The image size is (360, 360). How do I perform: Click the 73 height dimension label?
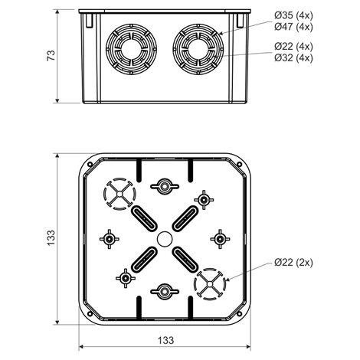click(x=51, y=55)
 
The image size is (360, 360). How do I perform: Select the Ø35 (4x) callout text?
click(x=293, y=15)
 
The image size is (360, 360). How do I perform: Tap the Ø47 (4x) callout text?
click(x=293, y=27)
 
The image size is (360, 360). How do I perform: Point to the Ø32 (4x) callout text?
click(x=293, y=58)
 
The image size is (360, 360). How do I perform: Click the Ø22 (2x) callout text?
click(x=293, y=263)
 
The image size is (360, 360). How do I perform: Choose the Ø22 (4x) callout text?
click(x=293, y=47)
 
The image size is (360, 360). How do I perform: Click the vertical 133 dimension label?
click(x=51, y=237)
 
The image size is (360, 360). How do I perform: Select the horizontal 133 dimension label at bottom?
click(x=165, y=340)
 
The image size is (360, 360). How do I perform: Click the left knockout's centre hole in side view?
click(x=131, y=49)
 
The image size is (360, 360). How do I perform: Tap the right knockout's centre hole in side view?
click(x=198, y=49)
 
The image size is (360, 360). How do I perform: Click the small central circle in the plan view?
click(x=165, y=239)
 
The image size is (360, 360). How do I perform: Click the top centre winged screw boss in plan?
click(x=165, y=186)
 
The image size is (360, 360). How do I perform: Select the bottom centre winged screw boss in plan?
click(x=165, y=291)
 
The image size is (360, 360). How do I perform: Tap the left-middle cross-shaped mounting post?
click(x=110, y=239)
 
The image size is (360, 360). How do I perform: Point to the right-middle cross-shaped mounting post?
click(x=220, y=239)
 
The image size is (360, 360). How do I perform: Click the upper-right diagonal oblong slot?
click(x=185, y=218)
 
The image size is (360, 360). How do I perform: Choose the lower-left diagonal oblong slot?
click(x=144, y=260)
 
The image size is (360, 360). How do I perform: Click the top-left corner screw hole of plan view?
click(x=90, y=165)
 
